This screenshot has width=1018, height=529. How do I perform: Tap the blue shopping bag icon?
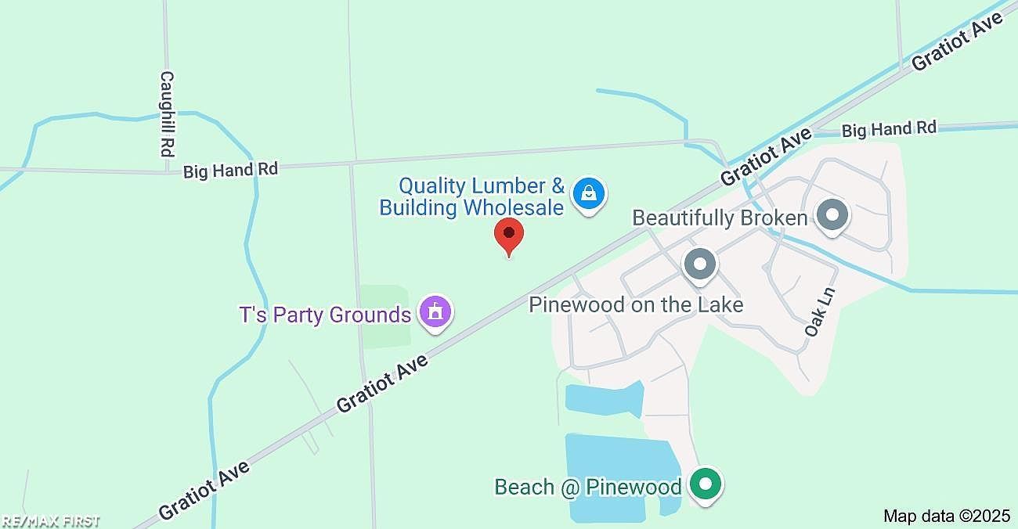click(x=588, y=195)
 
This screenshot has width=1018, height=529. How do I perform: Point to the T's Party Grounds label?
click(x=325, y=315)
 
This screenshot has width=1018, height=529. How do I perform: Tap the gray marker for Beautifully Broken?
click(x=832, y=215)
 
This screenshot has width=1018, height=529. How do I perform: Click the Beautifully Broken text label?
click(x=719, y=218)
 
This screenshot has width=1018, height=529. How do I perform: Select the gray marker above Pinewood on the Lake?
click(x=700, y=264)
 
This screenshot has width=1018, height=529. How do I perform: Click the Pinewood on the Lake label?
click(x=636, y=304)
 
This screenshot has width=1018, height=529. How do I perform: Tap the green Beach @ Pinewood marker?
click(x=706, y=484)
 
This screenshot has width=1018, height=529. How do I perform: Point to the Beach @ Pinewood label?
click(x=587, y=487)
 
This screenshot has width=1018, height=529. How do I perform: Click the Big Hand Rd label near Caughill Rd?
click(x=230, y=170)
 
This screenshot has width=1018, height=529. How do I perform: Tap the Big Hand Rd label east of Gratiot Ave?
click(x=889, y=129)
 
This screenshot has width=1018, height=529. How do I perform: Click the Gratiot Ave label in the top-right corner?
click(x=958, y=42)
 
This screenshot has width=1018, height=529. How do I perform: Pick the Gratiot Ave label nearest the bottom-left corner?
click(x=205, y=490)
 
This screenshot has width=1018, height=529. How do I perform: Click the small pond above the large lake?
click(x=603, y=398)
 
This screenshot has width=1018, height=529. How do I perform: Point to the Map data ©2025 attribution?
click(x=947, y=516)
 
